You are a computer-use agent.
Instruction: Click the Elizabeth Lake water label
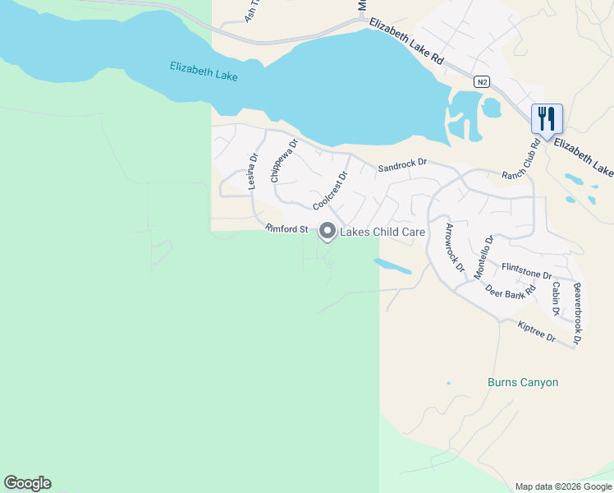click(204, 71)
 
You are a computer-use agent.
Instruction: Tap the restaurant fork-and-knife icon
click(546, 117)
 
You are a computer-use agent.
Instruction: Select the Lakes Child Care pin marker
click(328, 233)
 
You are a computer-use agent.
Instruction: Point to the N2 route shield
click(482, 81)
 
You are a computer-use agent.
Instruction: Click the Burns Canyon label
click(523, 383)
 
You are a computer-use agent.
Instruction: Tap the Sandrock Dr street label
click(403, 167)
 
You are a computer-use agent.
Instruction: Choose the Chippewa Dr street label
click(283, 160)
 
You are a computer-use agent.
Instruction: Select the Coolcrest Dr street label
click(331, 190)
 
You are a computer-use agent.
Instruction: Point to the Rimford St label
click(286, 229)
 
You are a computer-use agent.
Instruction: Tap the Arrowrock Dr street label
click(455, 248)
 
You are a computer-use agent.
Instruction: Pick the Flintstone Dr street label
click(526, 272)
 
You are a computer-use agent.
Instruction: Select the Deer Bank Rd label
click(510, 290)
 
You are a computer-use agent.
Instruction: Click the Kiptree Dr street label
click(537, 332)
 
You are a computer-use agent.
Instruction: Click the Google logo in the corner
click(27, 483)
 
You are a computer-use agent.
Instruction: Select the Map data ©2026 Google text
click(563, 486)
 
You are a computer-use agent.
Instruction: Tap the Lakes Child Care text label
click(383, 233)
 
